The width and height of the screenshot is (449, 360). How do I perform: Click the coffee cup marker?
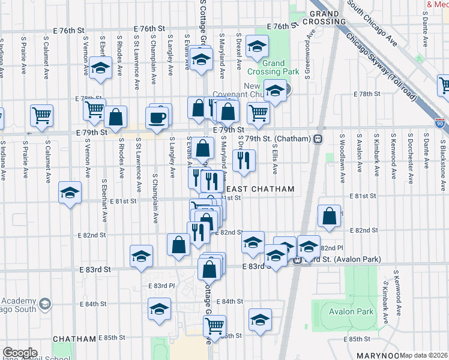(158, 117)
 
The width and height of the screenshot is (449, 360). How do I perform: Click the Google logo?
(20, 353)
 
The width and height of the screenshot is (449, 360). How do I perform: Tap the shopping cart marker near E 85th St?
(214, 326)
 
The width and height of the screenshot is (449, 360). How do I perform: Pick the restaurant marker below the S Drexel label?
(244, 160)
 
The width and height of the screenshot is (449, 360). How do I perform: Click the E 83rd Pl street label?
(160, 286)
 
